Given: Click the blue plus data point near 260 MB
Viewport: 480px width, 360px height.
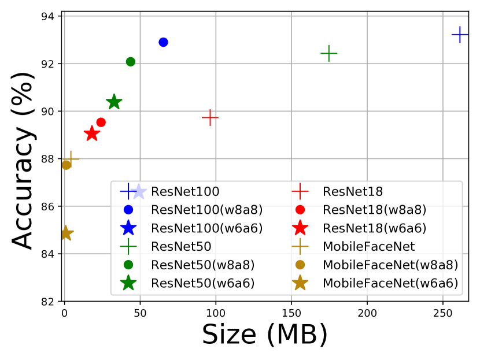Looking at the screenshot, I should (460, 35).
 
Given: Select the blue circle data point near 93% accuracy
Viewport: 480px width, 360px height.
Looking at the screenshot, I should (163, 42).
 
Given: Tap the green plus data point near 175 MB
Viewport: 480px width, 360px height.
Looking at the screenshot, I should (328, 54).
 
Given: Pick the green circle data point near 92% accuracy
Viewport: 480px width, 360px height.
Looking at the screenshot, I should (131, 62).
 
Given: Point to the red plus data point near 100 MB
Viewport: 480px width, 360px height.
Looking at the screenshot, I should (210, 117).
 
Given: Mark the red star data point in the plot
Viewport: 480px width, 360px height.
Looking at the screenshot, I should (91, 134).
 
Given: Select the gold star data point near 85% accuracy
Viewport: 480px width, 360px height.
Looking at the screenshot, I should (66, 233).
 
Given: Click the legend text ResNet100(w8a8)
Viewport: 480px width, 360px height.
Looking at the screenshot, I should (206, 209).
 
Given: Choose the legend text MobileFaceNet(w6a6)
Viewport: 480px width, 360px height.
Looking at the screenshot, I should (390, 283).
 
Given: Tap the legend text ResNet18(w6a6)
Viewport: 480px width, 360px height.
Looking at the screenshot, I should (375, 228).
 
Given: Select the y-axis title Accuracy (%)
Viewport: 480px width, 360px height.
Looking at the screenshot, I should (24, 159).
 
